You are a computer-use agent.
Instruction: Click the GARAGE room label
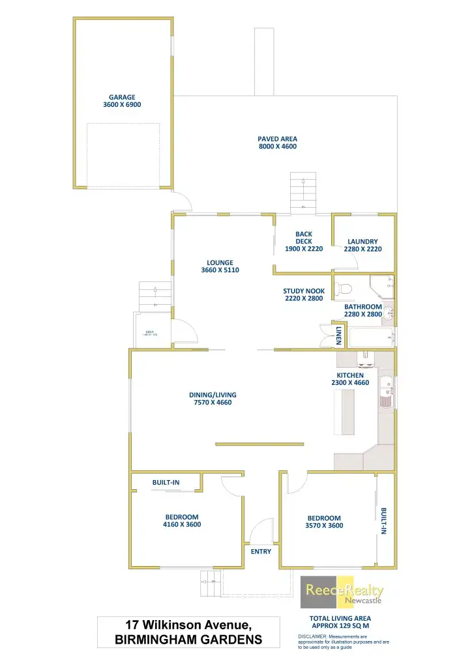tap(122, 97)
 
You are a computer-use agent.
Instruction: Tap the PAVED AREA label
tap(278, 139)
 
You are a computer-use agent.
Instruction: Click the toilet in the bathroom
tap(344, 288)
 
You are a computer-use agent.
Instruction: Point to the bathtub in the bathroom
tap(372, 337)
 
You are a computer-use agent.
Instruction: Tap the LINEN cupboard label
tap(339, 335)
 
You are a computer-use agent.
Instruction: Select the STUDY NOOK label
tap(304, 291)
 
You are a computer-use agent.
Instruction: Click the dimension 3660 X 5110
tap(220, 270)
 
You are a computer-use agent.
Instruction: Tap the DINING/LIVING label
tap(213, 395)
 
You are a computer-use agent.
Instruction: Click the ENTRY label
tap(261, 552)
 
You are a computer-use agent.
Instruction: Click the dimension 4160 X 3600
tap(182, 524)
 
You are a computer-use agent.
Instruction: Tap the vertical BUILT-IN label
tap(384, 520)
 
